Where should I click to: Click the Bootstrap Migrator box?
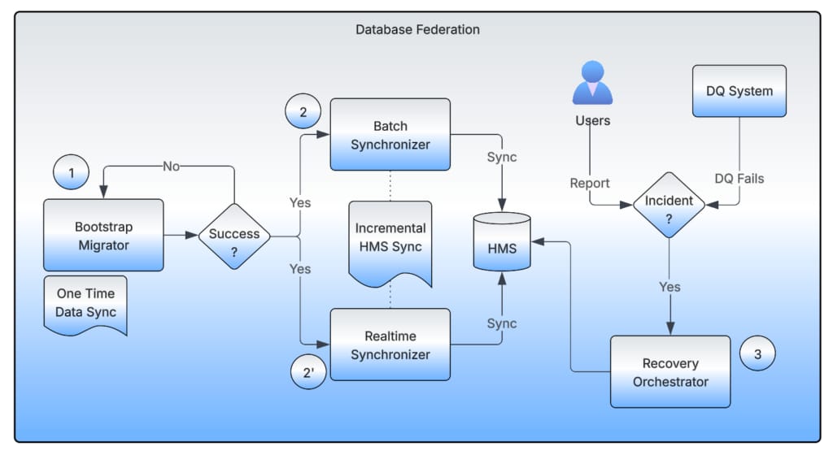103,235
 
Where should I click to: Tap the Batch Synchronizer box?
390,135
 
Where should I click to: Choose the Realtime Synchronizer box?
390,344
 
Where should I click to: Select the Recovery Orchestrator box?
670,372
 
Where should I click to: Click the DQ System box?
739,91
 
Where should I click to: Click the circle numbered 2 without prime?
303,113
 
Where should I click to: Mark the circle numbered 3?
757,354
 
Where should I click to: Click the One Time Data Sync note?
85,303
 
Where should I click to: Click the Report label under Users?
590,183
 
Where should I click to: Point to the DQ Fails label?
739,178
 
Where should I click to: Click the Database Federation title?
417,30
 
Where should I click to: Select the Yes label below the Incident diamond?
669,287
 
